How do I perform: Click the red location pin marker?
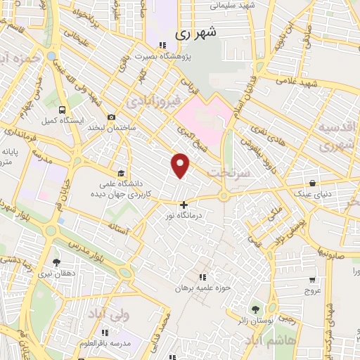coord(181,165)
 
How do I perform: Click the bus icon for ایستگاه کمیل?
coord(63,110)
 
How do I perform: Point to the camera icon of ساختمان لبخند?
coord(111,117)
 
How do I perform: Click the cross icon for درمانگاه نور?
coord(184,205)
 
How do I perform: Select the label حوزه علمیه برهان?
coord(202,288)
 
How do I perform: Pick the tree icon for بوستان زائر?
coord(255,309)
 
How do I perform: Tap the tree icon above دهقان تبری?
coord(56,262)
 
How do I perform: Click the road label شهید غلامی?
coord(316,83)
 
